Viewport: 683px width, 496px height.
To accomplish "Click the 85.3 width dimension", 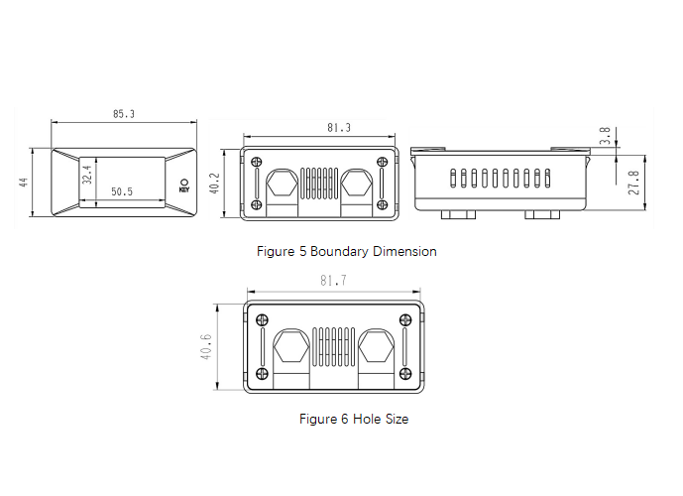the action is (124, 114).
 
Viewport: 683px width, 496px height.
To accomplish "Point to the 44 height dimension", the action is (24, 183).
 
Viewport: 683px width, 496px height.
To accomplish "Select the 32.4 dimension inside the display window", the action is (87, 175).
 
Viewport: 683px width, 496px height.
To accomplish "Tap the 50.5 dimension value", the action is (122, 191).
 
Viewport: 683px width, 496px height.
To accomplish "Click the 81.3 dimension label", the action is (339, 128).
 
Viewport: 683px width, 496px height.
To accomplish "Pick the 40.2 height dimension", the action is (215, 184).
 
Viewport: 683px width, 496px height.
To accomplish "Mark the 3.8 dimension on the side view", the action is (605, 136).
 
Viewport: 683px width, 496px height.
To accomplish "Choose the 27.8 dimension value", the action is (634, 183).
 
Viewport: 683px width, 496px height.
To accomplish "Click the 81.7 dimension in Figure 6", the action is (333, 281).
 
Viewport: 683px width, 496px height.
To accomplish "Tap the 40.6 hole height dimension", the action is (205, 347).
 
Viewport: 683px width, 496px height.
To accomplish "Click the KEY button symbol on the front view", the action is (184, 185).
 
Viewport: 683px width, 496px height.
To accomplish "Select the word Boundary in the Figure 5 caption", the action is (340, 252).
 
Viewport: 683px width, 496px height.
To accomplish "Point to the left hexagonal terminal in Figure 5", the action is (282, 183).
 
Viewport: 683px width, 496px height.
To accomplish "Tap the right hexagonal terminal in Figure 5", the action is (356, 183).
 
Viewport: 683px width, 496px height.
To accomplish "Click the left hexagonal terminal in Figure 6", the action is (291, 345).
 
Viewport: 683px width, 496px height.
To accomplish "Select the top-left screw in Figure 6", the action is (262, 319).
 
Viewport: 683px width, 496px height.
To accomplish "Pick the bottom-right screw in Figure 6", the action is (405, 374).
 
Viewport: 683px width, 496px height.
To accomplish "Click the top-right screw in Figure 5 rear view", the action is (382, 162).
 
